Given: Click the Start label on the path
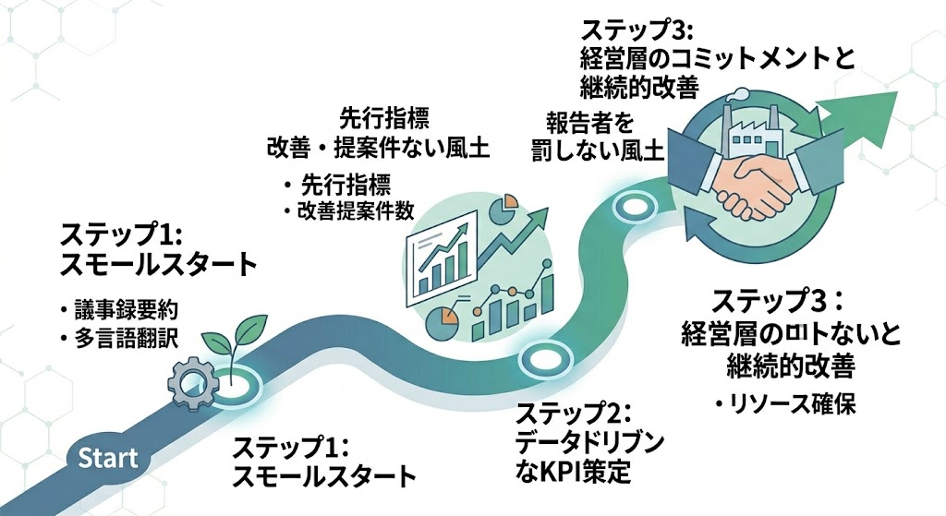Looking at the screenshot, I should tap(108, 457).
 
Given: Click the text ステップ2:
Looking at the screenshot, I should tap(574, 412).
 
